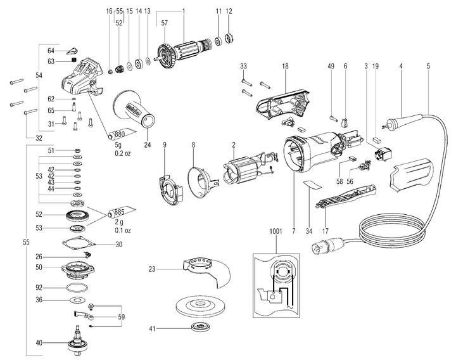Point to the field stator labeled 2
[241, 172]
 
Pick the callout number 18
[286, 66]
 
